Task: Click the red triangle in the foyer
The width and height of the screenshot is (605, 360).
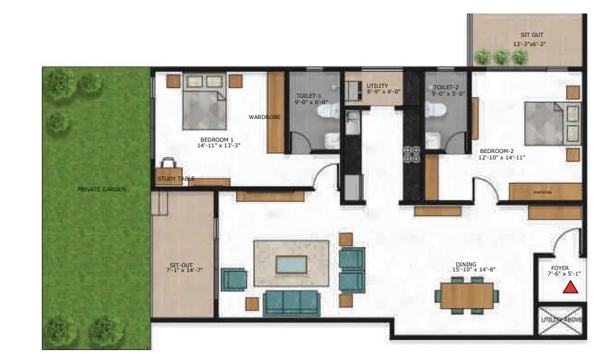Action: click(570, 287)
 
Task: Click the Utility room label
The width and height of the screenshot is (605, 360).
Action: click(378, 86)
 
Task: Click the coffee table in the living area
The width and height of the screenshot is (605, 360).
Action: click(291, 264)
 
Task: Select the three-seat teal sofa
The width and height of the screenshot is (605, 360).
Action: click(291, 303)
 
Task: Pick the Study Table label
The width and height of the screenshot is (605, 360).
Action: click(176, 179)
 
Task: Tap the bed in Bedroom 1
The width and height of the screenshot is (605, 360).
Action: click(205, 104)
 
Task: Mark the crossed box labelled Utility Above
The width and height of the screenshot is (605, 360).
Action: click(560, 320)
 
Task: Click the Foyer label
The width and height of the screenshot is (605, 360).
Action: click(560, 267)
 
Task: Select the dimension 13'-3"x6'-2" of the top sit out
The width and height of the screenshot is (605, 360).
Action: click(529, 44)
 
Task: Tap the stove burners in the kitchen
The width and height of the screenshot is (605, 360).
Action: click(412, 154)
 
